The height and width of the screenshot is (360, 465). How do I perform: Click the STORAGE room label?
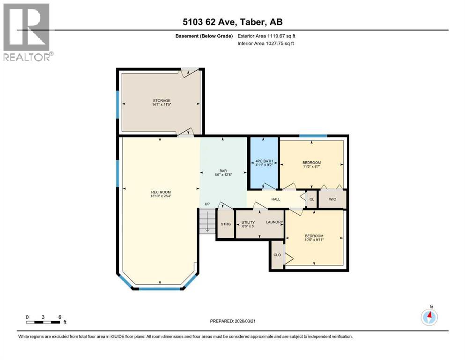pos(161,100)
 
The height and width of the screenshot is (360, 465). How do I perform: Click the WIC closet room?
pos(332,199)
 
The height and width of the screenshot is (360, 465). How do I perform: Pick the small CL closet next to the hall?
pos(311,199)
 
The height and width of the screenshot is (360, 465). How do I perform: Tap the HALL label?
pos(275,199)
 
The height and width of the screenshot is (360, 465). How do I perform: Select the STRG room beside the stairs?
pos(226,224)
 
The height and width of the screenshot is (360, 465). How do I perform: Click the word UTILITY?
pos(248,222)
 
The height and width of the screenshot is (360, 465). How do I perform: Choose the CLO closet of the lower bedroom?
pos(277,255)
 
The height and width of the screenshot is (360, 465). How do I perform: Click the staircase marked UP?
pos(207,220)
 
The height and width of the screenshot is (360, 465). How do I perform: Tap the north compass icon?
pos(429,316)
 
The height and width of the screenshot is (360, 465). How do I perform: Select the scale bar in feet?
pos(43,322)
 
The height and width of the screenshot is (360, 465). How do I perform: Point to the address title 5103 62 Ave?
pos(232,22)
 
